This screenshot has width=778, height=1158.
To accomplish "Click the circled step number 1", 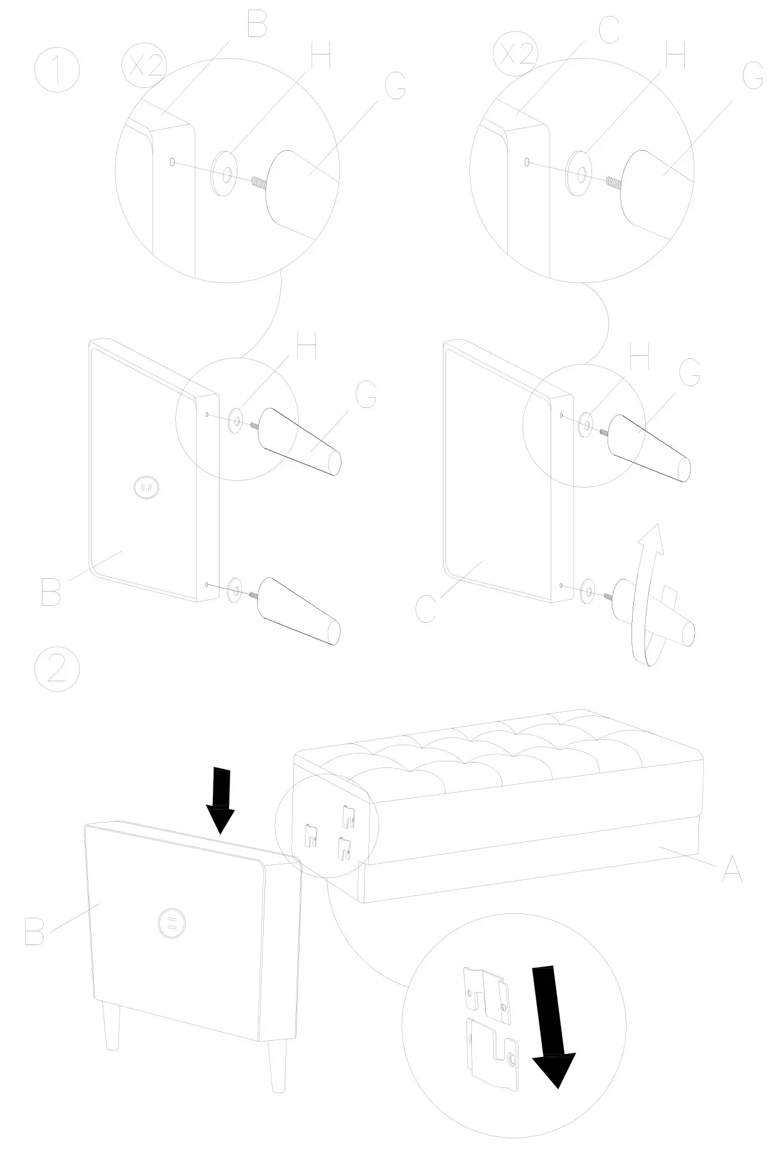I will click(57, 71).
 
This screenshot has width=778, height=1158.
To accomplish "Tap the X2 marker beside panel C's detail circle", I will click(516, 53).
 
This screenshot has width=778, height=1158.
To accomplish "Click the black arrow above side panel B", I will click(221, 800).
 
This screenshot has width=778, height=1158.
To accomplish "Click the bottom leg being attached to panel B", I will click(299, 612).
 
